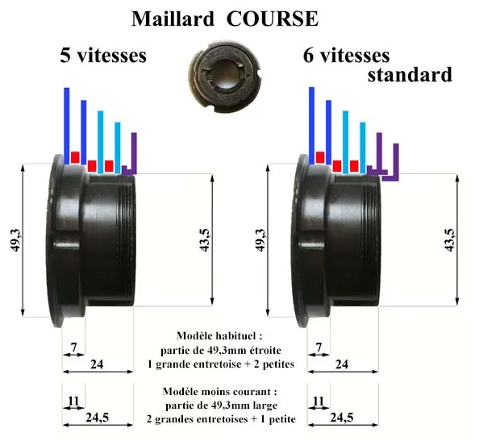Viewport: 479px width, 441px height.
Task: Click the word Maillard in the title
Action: point(173,19)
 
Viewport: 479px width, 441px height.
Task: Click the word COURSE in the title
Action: point(273,19)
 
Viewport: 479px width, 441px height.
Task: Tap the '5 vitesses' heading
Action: point(103,56)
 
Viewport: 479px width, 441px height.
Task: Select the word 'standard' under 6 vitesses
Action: point(410,75)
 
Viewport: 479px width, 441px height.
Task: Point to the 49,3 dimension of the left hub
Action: point(16,240)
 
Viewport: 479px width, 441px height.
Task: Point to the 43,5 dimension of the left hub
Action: point(206,240)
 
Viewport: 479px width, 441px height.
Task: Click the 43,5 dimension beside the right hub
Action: point(450,240)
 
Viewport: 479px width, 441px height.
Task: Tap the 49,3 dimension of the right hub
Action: point(261,240)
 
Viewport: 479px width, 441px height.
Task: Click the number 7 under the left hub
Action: point(73,347)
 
